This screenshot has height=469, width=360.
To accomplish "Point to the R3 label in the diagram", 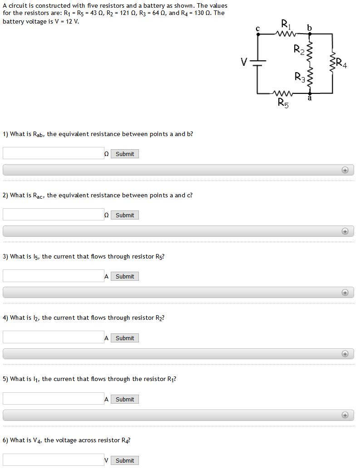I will point(300,77).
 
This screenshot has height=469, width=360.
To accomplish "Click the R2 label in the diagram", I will point(299,49).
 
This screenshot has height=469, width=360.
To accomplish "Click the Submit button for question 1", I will point(125,154).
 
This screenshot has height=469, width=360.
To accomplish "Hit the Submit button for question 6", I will point(125,460).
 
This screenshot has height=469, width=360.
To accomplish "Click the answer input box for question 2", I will point(54,215).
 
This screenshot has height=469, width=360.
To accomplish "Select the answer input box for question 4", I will point(54,337).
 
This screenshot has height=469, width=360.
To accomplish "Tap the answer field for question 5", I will point(54,398).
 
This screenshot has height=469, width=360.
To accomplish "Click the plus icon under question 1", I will point(345,170).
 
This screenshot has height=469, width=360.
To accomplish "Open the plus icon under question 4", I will point(345,354).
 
